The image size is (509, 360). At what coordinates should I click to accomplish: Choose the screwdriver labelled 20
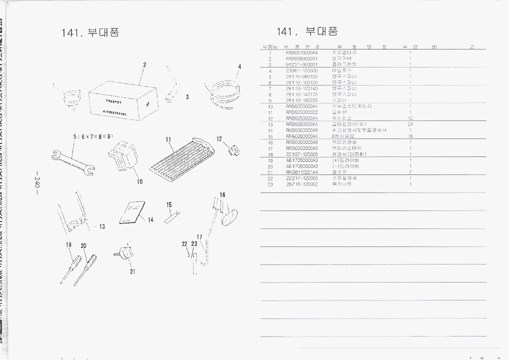tap(85, 268)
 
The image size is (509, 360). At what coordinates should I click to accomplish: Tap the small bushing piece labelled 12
tap(232, 149)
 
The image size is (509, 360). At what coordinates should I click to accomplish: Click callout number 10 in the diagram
tap(139, 181)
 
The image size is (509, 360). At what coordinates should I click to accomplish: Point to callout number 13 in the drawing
tap(101, 226)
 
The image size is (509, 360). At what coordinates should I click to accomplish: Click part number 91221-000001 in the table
tap(301, 64)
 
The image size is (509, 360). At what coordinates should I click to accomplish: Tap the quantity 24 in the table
tap(410, 124)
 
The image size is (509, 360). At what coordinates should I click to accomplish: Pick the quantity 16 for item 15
tap(410, 136)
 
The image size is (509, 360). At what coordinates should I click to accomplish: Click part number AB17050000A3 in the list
tap(301, 160)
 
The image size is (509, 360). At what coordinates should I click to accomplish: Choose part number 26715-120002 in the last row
tap(301, 184)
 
